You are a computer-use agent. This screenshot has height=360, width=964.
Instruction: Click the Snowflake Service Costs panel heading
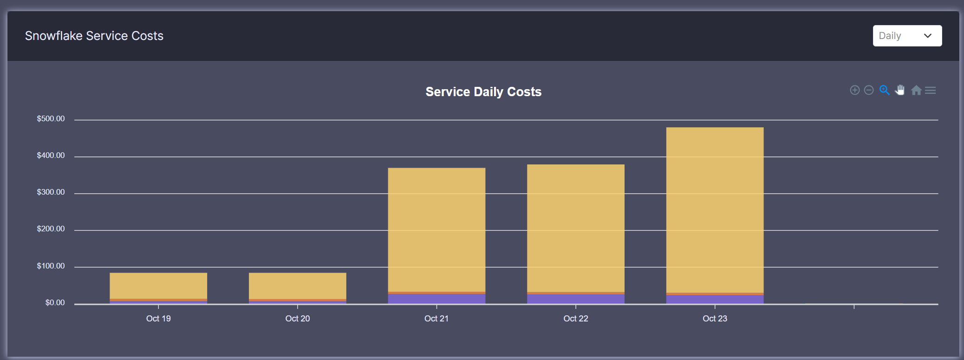click(x=94, y=36)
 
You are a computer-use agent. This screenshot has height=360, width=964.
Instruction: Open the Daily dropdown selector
click(x=906, y=36)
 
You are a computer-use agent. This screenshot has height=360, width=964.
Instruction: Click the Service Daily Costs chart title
click(x=483, y=92)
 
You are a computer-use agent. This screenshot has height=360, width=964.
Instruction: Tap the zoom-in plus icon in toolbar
click(x=854, y=90)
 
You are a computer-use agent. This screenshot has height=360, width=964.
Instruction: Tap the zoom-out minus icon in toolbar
click(x=869, y=90)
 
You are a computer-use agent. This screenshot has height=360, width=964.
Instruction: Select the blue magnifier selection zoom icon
click(x=884, y=90)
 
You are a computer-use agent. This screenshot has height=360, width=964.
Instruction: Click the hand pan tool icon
click(x=900, y=90)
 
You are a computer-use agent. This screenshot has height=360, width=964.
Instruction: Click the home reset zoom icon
click(x=916, y=90)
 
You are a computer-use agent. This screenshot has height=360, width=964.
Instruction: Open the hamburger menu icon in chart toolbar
click(x=930, y=90)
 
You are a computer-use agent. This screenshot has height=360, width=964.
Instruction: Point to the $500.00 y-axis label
click(x=51, y=119)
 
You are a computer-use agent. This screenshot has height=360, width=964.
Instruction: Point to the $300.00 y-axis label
click(x=51, y=192)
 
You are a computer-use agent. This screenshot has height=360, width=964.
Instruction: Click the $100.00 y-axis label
click(x=51, y=266)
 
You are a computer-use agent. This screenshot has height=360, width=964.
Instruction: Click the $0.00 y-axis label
click(x=55, y=303)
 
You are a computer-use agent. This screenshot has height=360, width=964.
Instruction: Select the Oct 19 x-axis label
click(x=158, y=319)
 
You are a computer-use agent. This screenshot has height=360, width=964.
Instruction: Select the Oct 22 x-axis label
click(x=575, y=319)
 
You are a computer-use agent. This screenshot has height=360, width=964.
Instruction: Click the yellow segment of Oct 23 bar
click(x=715, y=209)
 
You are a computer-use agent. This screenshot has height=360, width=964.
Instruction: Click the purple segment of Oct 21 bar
click(x=436, y=299)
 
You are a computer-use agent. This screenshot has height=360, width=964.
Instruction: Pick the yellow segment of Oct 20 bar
click(x=297, y=285)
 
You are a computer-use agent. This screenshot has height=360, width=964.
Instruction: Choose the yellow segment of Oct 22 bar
click(x=575, y=228)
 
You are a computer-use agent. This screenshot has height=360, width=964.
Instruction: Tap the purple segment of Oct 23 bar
click(x=715, y=300)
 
